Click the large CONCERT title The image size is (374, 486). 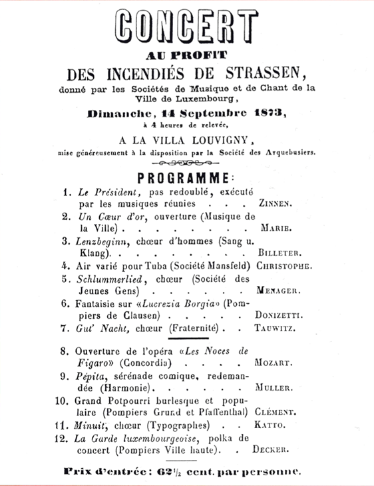(187, 27)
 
